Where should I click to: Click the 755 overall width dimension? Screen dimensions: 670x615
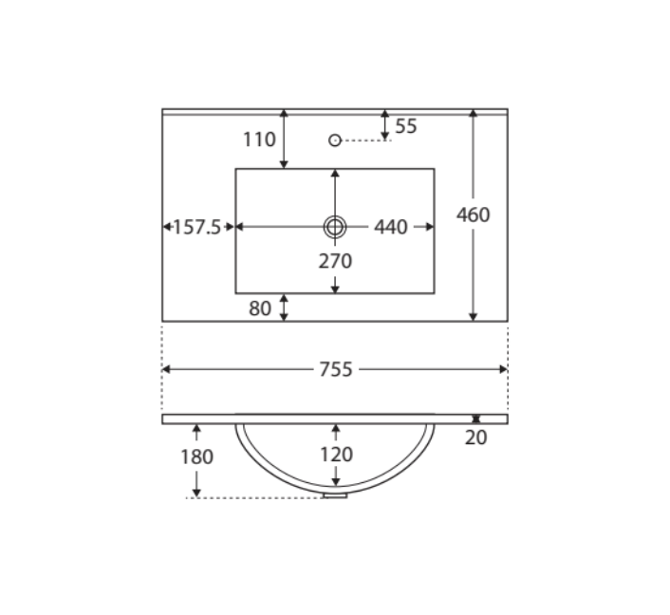point(336,370)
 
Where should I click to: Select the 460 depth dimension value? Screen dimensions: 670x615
point(473,215)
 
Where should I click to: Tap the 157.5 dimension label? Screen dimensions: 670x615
point(197,227)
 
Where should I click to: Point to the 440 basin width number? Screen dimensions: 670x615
point(391,227)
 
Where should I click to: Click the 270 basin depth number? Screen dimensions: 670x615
point(335,261)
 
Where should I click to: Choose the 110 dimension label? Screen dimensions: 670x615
point(259,140)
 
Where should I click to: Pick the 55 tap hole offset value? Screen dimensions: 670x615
point(406,126)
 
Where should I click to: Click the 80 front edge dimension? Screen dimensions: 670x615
point(260,308)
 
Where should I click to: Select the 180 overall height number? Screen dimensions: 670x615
point(196,457)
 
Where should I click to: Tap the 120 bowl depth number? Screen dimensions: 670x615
point(336,455)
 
